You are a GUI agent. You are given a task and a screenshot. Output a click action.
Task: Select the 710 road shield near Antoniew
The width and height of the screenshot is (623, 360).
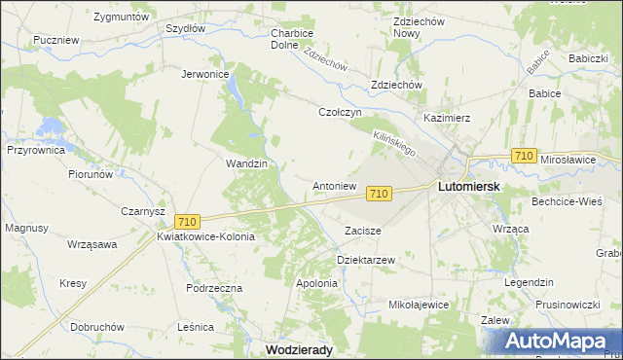(381, 195)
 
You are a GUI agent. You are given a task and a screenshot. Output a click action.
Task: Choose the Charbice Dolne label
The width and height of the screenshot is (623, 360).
(290, 38)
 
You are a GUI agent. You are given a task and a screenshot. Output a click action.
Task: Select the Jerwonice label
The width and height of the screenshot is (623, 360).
(204, 73)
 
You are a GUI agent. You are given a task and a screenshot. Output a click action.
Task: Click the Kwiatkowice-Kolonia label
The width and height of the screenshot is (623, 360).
(205, 236)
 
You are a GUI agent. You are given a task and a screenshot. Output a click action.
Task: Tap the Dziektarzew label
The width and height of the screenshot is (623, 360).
(365, 261)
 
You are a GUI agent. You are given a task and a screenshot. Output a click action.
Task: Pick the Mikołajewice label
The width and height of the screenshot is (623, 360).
(419, 305)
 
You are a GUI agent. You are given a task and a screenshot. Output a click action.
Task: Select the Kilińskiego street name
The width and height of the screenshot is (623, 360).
(395, 145)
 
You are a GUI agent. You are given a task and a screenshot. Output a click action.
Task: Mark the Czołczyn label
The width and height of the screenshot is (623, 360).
(341, 112)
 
